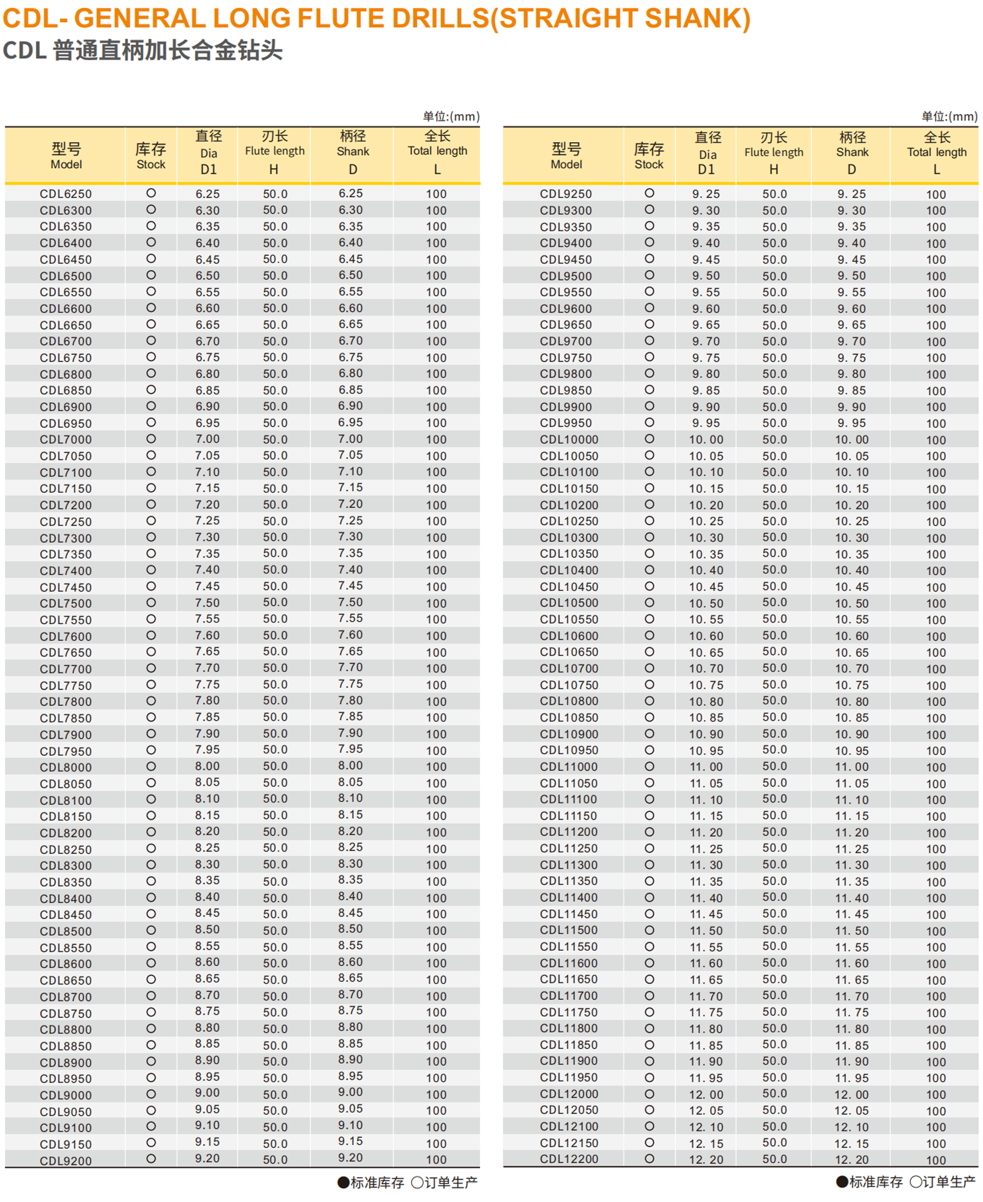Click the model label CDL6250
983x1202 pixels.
point(66,193)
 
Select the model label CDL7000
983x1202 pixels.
point(66,439)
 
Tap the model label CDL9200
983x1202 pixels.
point(66,1161)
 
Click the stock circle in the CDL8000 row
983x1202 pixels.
point(151,766)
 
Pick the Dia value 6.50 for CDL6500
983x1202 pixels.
point(207,276)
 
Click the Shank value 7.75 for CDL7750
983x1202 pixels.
point(351,684)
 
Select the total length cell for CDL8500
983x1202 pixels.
point(436,931)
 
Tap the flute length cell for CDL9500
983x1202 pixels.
point(774,276)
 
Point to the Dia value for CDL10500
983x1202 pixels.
point(706,603)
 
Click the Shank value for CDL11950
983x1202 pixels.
point(851,1078)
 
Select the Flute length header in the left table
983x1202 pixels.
point(274,150)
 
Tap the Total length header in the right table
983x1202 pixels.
point(936,151)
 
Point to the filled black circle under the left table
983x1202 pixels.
point(343,1182)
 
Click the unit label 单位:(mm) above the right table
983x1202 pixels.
point(949,117)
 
